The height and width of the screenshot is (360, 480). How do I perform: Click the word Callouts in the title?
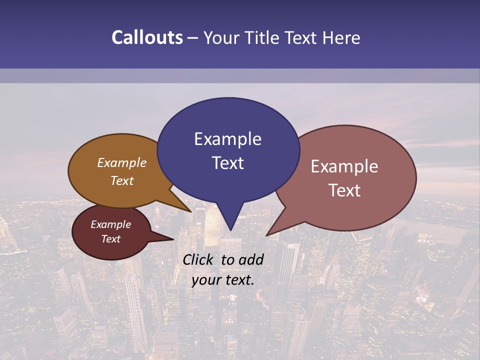[147, 37]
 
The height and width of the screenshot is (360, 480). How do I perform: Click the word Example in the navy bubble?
[227, 139]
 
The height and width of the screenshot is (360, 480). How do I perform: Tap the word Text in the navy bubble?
[227, 163]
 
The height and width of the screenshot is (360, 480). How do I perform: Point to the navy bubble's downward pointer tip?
[230, 230]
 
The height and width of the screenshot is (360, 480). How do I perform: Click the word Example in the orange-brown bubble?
[122, 162]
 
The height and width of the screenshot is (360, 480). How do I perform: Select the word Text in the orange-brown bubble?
[122, 180]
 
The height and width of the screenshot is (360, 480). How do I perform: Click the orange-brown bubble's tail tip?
[190, 211]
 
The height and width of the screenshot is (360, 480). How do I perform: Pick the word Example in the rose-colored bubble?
[344, 166]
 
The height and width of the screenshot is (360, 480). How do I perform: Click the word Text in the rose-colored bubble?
[344, 190]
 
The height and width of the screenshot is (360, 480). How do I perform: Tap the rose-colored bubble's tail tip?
[266, 235]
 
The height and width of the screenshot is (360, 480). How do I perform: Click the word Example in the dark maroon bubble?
[110, 224]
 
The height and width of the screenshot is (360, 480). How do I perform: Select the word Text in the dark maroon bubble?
[110, 239]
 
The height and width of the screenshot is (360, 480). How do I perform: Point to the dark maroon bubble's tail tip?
[173, 239]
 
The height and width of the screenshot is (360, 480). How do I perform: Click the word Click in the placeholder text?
[199, 259]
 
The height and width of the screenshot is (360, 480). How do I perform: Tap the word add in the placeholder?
[251, 259]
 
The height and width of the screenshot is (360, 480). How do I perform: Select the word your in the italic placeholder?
[206, 280]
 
